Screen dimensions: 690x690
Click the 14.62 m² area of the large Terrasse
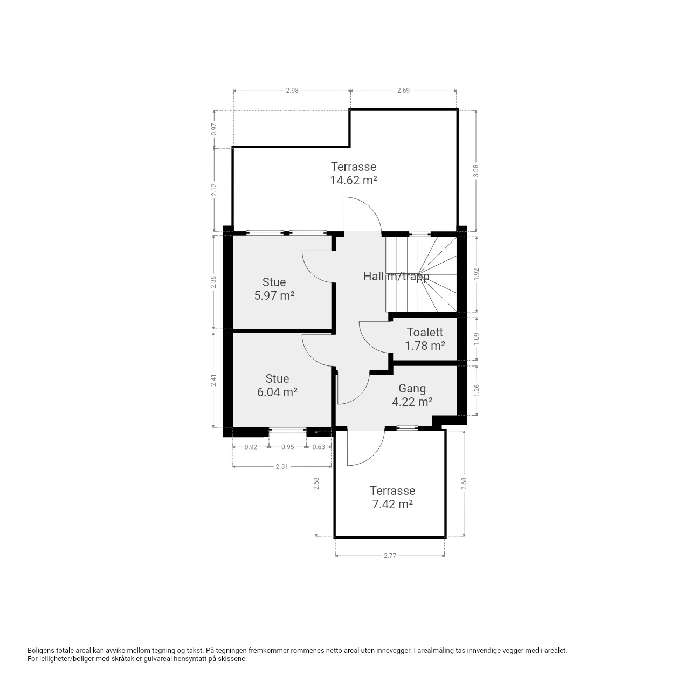353,180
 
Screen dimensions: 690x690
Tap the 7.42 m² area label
392,504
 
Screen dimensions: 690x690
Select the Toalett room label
425,332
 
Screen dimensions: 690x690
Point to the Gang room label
412,389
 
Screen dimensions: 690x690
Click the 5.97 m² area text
274,296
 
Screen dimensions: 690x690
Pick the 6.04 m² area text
277,392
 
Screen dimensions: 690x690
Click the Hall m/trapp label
396,277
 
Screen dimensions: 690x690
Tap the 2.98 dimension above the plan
292,91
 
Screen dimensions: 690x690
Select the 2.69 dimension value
403,91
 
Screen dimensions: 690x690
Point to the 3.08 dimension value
476,171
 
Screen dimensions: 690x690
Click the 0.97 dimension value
214,129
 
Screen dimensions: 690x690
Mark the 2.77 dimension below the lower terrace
390,556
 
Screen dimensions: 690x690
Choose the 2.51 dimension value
282,467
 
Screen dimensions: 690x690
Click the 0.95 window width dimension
287,447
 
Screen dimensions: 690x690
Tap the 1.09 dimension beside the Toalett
476,339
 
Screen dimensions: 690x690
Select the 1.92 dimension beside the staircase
476,274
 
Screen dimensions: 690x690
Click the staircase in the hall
420,274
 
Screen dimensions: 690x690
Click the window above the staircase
419,234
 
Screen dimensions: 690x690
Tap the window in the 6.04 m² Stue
287,429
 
